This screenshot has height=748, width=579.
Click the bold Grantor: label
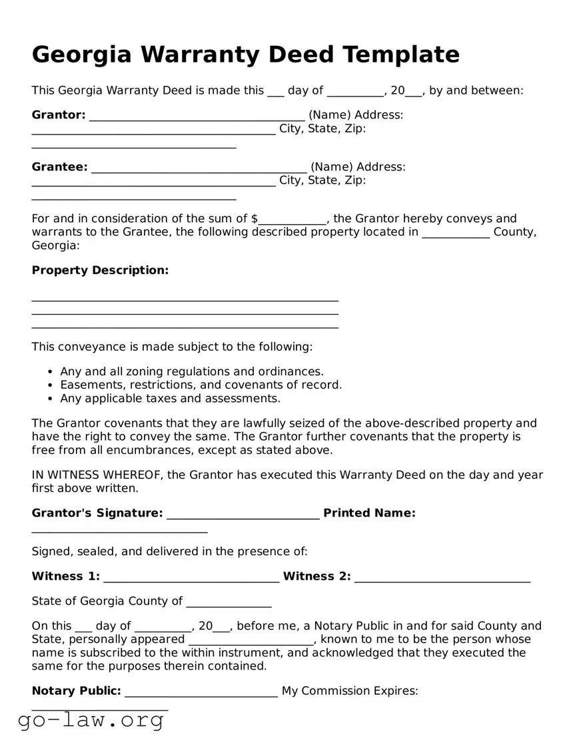[x=59, y=115]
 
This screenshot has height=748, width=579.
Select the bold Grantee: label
[x=59, y=166]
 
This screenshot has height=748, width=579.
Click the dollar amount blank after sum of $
[x=292, y=220]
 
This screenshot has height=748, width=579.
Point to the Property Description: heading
[x=100, y=270]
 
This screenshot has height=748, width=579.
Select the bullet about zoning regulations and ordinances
[x=192, y=371]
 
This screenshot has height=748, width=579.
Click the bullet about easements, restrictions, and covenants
[x=201, y=385]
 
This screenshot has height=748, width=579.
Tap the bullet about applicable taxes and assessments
[x=170, y=399]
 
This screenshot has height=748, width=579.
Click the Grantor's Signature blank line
[x=243, y=516]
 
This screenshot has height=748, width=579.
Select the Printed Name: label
[x=369, y=513]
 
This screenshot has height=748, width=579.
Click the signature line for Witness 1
[x=191, y=579]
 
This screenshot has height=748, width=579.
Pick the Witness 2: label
[x=317, y=576]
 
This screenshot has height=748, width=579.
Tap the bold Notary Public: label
[x=77, y=691]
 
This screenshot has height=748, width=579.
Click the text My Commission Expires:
[x=350, y=691]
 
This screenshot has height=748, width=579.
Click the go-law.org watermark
[x=91, y=720]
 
